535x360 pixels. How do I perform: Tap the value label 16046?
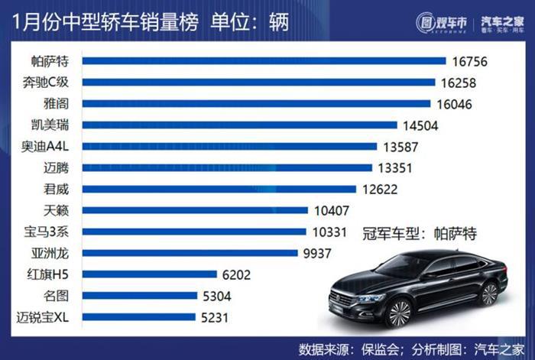(453, 103)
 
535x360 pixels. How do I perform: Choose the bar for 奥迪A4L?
(230, 146)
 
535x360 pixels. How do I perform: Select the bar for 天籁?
(195, 209)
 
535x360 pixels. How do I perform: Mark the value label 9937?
(319, 252)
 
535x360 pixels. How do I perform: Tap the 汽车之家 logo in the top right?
(498, 21)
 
